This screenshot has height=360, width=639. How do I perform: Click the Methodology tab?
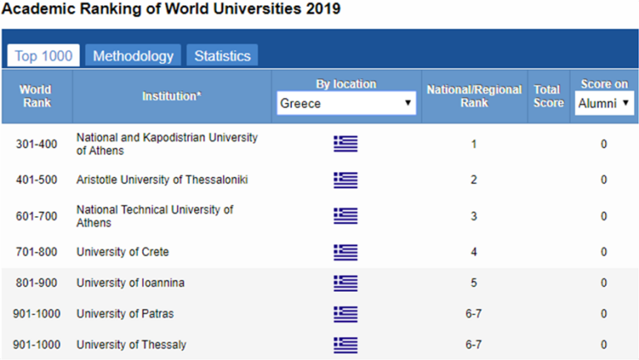point(133,56)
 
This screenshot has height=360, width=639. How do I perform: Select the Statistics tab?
point(222,56)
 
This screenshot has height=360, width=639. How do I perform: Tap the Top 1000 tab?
point(44,56)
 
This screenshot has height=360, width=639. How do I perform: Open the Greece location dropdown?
point(346,104)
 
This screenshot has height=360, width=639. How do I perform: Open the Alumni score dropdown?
point(603,104)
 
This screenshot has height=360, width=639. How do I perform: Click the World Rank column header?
point(36,96)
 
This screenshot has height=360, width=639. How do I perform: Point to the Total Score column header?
point(548,96)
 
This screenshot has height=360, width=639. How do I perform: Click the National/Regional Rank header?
point(473,96)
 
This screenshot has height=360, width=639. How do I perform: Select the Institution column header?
point(171,96)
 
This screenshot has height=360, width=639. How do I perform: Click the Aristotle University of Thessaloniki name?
point(161,180)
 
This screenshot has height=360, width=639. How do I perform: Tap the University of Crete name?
point(122,251)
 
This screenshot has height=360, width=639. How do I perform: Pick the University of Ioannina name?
point(130,283)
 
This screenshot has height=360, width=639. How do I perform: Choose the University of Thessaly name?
point(131,344)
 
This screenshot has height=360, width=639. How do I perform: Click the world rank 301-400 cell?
point(37,144)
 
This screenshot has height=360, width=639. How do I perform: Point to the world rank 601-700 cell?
point(37,215)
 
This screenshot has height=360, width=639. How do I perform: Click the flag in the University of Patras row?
point(345,313)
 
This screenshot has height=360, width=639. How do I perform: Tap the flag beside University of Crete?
point(345,251)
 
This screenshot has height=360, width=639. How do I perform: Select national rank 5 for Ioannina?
point(473,283)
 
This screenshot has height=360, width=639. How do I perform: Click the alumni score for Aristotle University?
point(603,180)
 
